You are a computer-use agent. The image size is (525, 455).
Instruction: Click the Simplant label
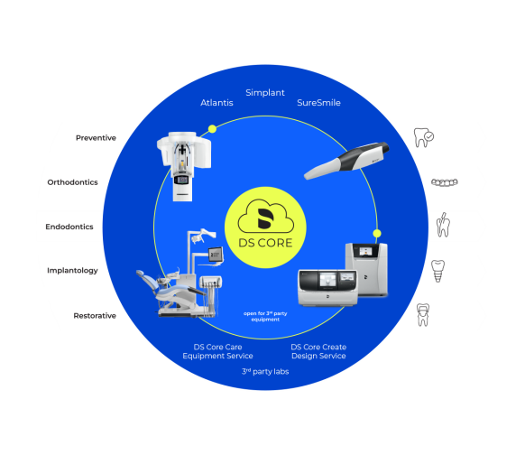coord(265,93)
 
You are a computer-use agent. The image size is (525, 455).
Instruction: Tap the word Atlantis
coord(216,103)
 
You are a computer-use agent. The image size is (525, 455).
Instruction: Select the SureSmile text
coord(318,103)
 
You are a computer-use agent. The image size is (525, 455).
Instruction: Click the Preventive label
coord(96,138)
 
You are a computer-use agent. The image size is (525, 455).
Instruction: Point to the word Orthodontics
coord(73,182)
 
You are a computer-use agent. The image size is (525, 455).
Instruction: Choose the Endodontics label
coord(69,227)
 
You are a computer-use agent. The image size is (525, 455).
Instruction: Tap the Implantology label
coord(72,271)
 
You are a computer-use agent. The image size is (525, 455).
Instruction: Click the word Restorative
coord(95,316)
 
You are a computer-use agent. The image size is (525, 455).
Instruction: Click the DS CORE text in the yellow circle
coord(265,243)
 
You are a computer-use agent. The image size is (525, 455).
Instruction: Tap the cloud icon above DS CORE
coord(266,216)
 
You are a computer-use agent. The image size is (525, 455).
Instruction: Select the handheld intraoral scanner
coord(346,160)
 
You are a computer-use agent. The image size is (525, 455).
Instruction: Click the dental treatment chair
coord(180,273)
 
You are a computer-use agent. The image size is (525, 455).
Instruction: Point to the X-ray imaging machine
coord(184,166)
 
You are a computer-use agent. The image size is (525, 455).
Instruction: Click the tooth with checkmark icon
coord(424,137)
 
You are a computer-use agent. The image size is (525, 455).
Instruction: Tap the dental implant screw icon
coord(437,271)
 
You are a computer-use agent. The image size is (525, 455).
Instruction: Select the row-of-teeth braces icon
coord(445,182)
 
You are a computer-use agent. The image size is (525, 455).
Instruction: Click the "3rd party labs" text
coord(265,372)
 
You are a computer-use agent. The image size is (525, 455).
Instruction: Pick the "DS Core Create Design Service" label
coord(318,351)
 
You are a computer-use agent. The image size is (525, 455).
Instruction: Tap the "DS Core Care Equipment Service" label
coord(217,351)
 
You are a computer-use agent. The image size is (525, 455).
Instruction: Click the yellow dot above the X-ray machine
coord(212,129)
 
